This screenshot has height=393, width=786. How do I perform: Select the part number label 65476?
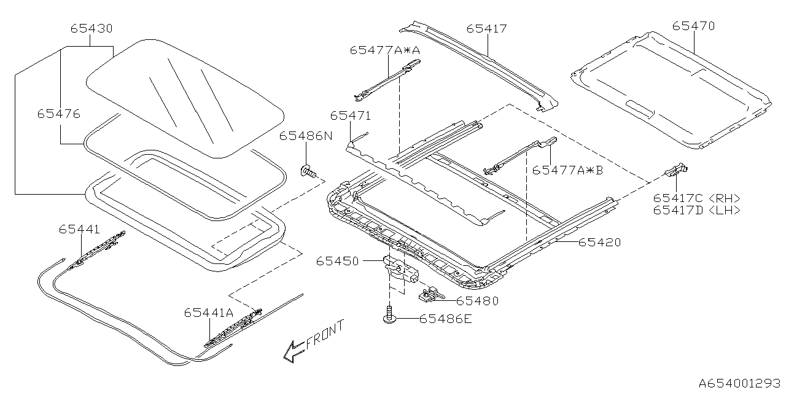(x=58, y=114)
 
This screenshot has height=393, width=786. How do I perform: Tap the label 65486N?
(x=305, y=136)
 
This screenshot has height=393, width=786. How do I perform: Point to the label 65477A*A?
(x=385, y=50)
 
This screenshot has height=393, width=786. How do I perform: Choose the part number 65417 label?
(x=486, y=28)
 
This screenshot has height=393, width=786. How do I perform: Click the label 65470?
(x=693, y=26)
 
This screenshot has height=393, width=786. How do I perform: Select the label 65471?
(x=350, y=115)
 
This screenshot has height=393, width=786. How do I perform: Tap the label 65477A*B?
(x=567, y=170)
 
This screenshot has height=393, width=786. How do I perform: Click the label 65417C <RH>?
(x=696, y=198)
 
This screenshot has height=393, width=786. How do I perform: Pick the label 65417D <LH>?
(x=696, y=210)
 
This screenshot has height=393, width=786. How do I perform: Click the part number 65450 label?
(x=338, y=261)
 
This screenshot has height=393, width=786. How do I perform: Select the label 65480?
(x=477, y=301)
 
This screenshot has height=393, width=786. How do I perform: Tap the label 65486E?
(x=445, y=319)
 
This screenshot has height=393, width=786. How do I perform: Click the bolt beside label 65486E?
(x=388, y=316)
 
